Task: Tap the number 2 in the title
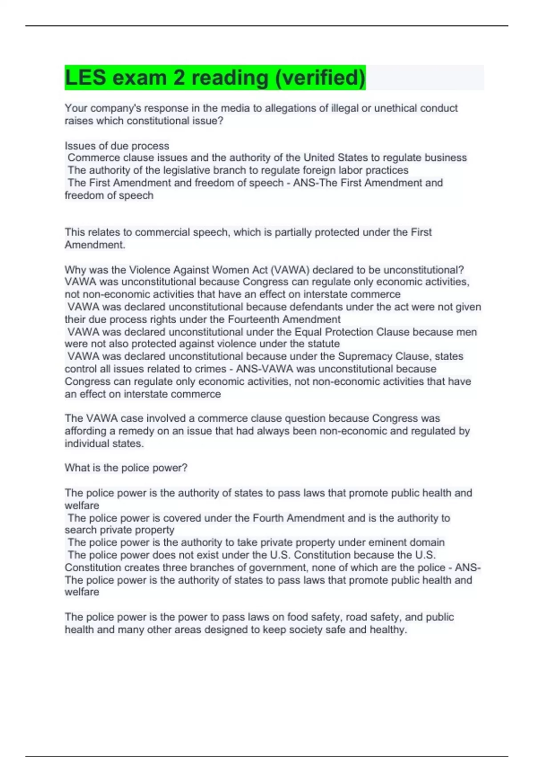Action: point(179,77)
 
